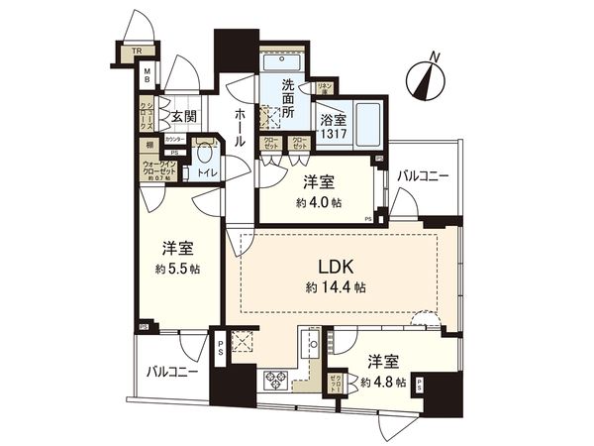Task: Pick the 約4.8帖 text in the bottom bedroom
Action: pos(381,383)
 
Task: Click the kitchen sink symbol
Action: pos(310,349)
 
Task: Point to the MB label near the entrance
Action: pos(147,75)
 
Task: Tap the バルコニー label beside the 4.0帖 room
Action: pos(423,175)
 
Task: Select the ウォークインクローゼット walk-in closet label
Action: pos(158,171)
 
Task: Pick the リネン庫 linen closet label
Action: pos(323,90)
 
